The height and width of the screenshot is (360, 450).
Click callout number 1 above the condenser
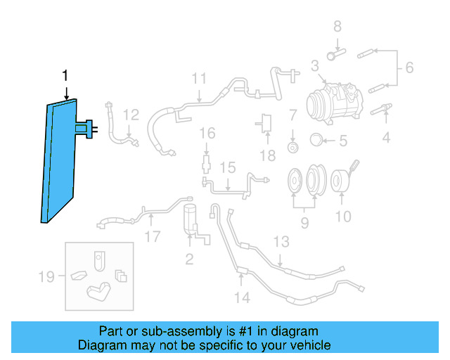click(66, 76)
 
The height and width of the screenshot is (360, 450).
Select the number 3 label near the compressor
click(315, 67)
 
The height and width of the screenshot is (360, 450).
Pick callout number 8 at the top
click(337, 27)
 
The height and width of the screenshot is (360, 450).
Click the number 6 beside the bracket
click(409, 68)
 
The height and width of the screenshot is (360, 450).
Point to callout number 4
click(386, 138)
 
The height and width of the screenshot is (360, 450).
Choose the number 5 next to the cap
click(343, 141)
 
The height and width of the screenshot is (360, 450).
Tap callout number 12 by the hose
click(131, 115)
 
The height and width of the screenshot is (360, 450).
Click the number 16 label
click(206, 133)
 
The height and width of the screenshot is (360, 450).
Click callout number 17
click(153, 236)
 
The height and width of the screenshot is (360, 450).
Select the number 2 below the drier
click(189, 259)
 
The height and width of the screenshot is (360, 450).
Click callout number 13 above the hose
click(281, 243)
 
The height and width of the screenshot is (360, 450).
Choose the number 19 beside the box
click(46, 276)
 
